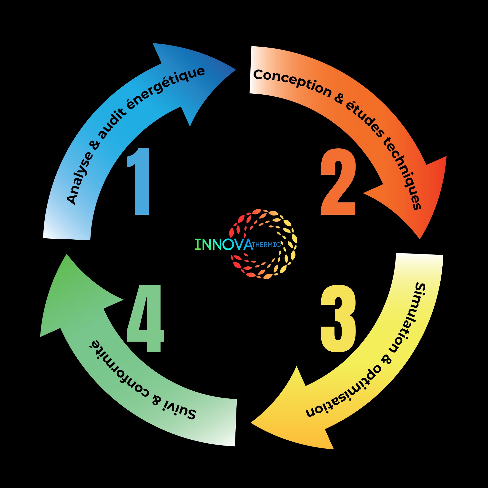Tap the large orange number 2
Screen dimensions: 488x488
coord(338,182)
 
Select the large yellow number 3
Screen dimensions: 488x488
coord(338,318)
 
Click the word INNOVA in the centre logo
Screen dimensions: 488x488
coord(224,244)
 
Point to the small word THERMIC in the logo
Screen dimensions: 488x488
coord(266,244)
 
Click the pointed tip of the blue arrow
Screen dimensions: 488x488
coord(236,70)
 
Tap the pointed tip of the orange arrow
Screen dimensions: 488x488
coord(419,239)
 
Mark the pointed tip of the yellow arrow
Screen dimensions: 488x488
coord(251,422)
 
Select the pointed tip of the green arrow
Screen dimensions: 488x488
coord(66,254)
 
